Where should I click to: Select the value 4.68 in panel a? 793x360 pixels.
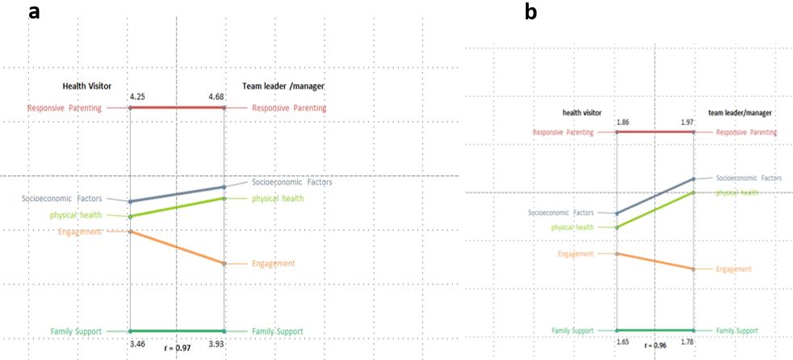pos(216,97)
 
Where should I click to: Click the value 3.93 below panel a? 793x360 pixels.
pos(216,344)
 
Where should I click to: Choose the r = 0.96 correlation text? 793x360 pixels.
pos(656,345)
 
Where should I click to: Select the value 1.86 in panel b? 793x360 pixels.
pos(623,122)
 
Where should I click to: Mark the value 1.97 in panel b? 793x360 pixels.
pos(687,122)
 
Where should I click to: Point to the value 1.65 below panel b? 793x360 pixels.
pos(623,343)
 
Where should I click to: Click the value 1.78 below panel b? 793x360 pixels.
pos(688,343)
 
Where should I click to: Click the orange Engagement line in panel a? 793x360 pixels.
pos(177,247)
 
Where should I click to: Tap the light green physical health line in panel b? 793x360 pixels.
pos(655,210)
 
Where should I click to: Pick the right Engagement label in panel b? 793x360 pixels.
pos(733,269)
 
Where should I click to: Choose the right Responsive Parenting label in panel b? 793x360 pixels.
pos(746,132)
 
